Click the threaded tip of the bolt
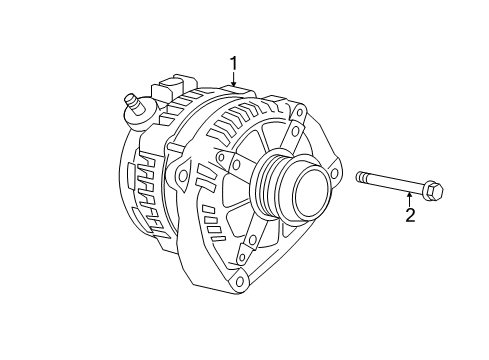(362, 178)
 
